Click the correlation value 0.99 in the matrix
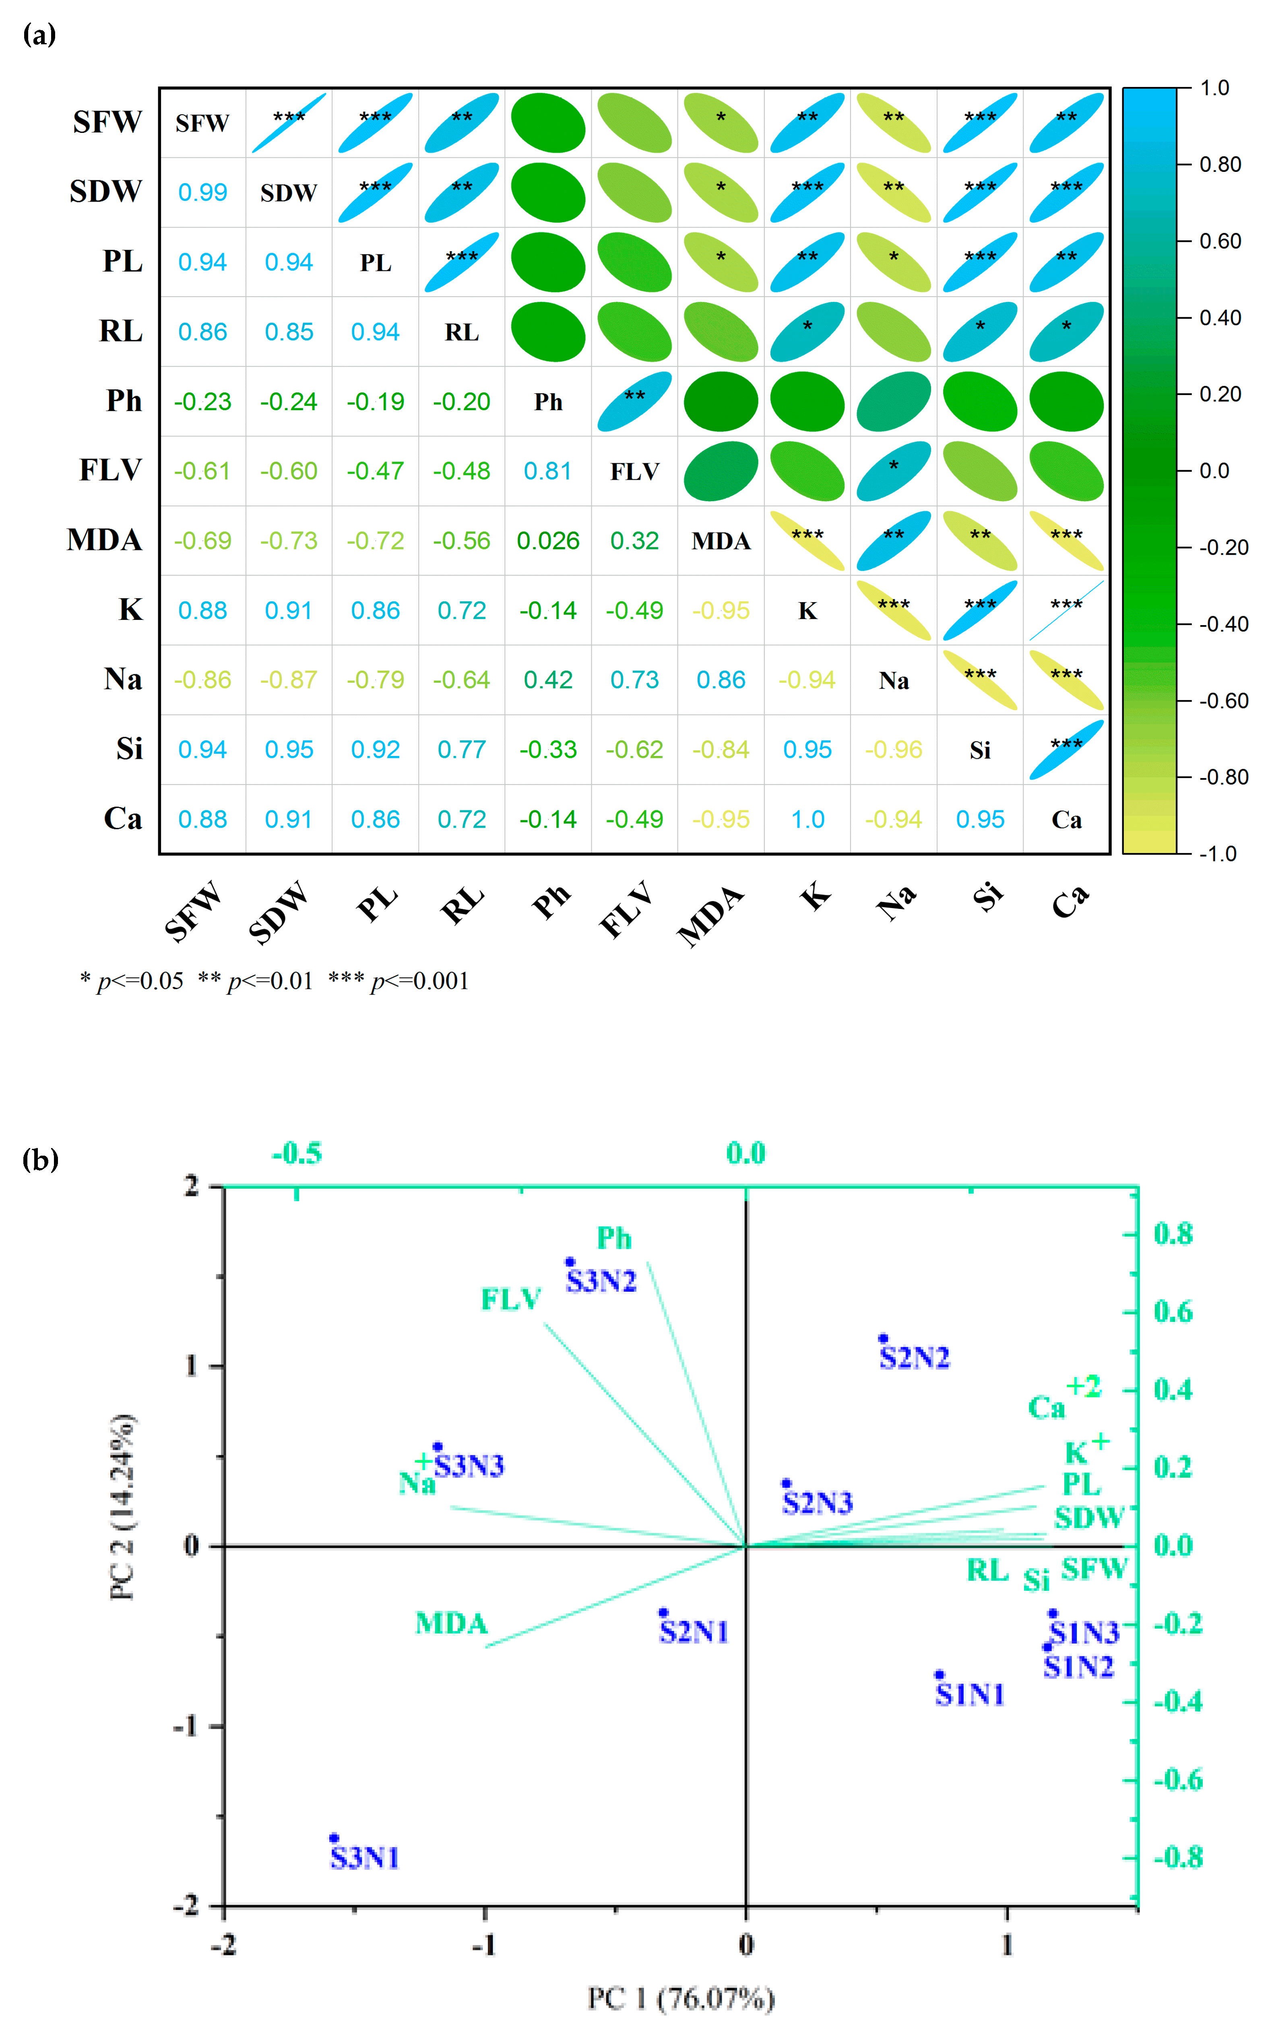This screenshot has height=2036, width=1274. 202,192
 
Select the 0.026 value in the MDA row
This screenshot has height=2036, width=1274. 548,541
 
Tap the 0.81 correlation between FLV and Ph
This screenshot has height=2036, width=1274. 548,471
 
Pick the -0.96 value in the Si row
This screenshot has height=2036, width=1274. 893,750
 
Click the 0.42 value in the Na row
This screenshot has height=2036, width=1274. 548,680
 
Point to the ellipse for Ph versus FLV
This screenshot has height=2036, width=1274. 634,401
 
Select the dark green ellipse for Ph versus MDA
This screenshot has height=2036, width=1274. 721,401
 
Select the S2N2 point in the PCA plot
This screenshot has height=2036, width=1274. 883,1338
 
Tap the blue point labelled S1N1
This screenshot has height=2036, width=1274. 939,1675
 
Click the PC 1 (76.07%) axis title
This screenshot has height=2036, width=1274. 681,1998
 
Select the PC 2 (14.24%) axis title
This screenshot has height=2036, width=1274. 123,1506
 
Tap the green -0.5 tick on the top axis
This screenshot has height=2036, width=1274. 297,1152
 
